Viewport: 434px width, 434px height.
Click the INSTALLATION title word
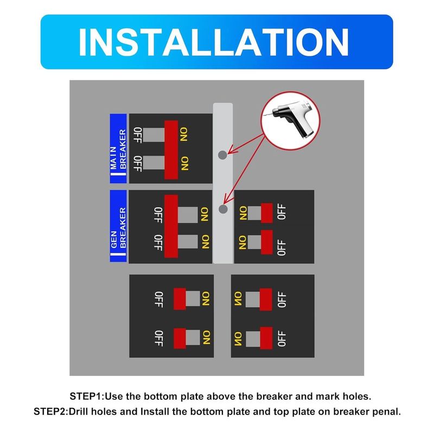213,42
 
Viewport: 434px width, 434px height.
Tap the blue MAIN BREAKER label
118,149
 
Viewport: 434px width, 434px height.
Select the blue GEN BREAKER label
118,226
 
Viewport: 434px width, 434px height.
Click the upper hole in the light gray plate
222,155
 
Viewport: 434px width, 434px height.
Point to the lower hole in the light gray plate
223,209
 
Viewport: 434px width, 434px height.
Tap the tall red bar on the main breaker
171,150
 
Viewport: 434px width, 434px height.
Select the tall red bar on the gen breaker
171,226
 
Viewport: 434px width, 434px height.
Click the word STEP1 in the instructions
86,397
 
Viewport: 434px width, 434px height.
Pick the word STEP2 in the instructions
50,412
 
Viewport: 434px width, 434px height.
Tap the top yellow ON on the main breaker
184,134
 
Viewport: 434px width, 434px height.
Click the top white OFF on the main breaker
138,135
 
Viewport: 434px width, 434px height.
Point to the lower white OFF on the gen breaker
158,242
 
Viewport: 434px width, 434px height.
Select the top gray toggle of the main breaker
154,135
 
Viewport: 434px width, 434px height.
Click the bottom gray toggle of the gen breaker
188,241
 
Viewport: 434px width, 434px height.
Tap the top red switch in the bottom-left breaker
180,299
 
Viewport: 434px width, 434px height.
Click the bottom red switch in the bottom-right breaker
266,338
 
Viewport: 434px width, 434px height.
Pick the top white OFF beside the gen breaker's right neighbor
281,212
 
